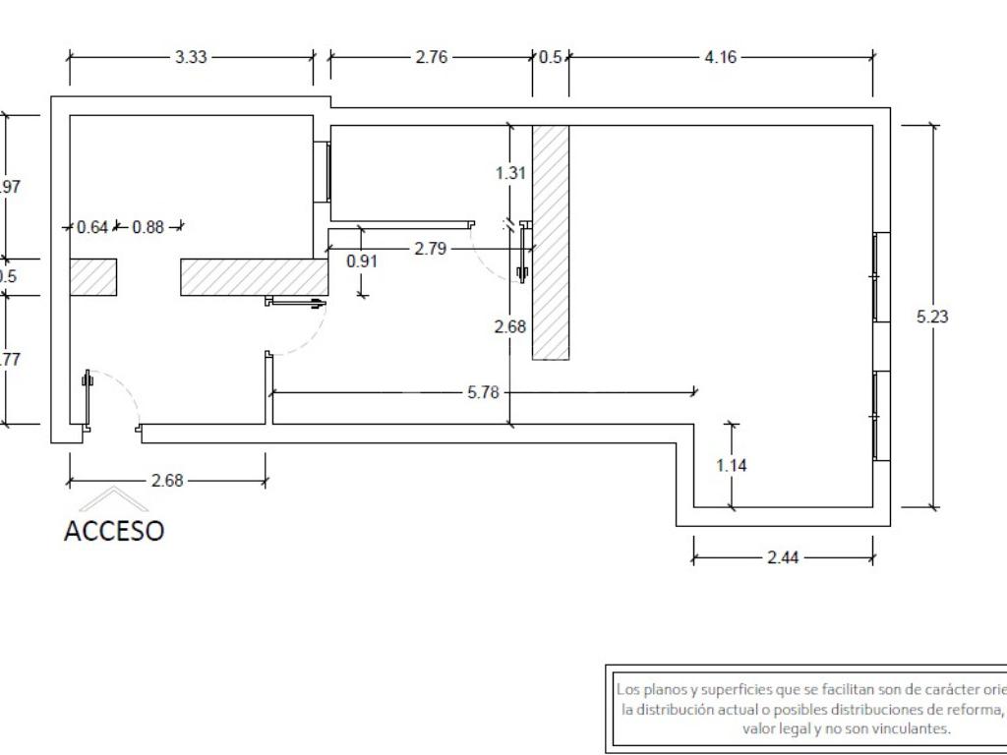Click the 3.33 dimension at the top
click(x=191, y=57)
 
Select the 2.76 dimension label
click(x=431, y=57)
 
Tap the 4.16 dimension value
click(x=720, y=57)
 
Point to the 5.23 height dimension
click(x=932, y=317)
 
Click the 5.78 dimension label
click(x=483, y=392)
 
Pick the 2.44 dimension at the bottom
click(x=783, y=557)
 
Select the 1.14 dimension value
click(x=731, y=465)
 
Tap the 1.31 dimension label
click(x=511, y=173)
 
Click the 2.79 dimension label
click(x=430, y=249)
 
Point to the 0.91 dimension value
click(x=362, y=261)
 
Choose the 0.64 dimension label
click(x=92, y=227)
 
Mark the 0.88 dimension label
click(x=148, y=227)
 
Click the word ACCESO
click(x=114, y=531)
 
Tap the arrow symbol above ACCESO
click(x=114, y=498)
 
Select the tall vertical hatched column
click(x=551, y=242)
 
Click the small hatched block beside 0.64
click(x=93, y=277)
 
